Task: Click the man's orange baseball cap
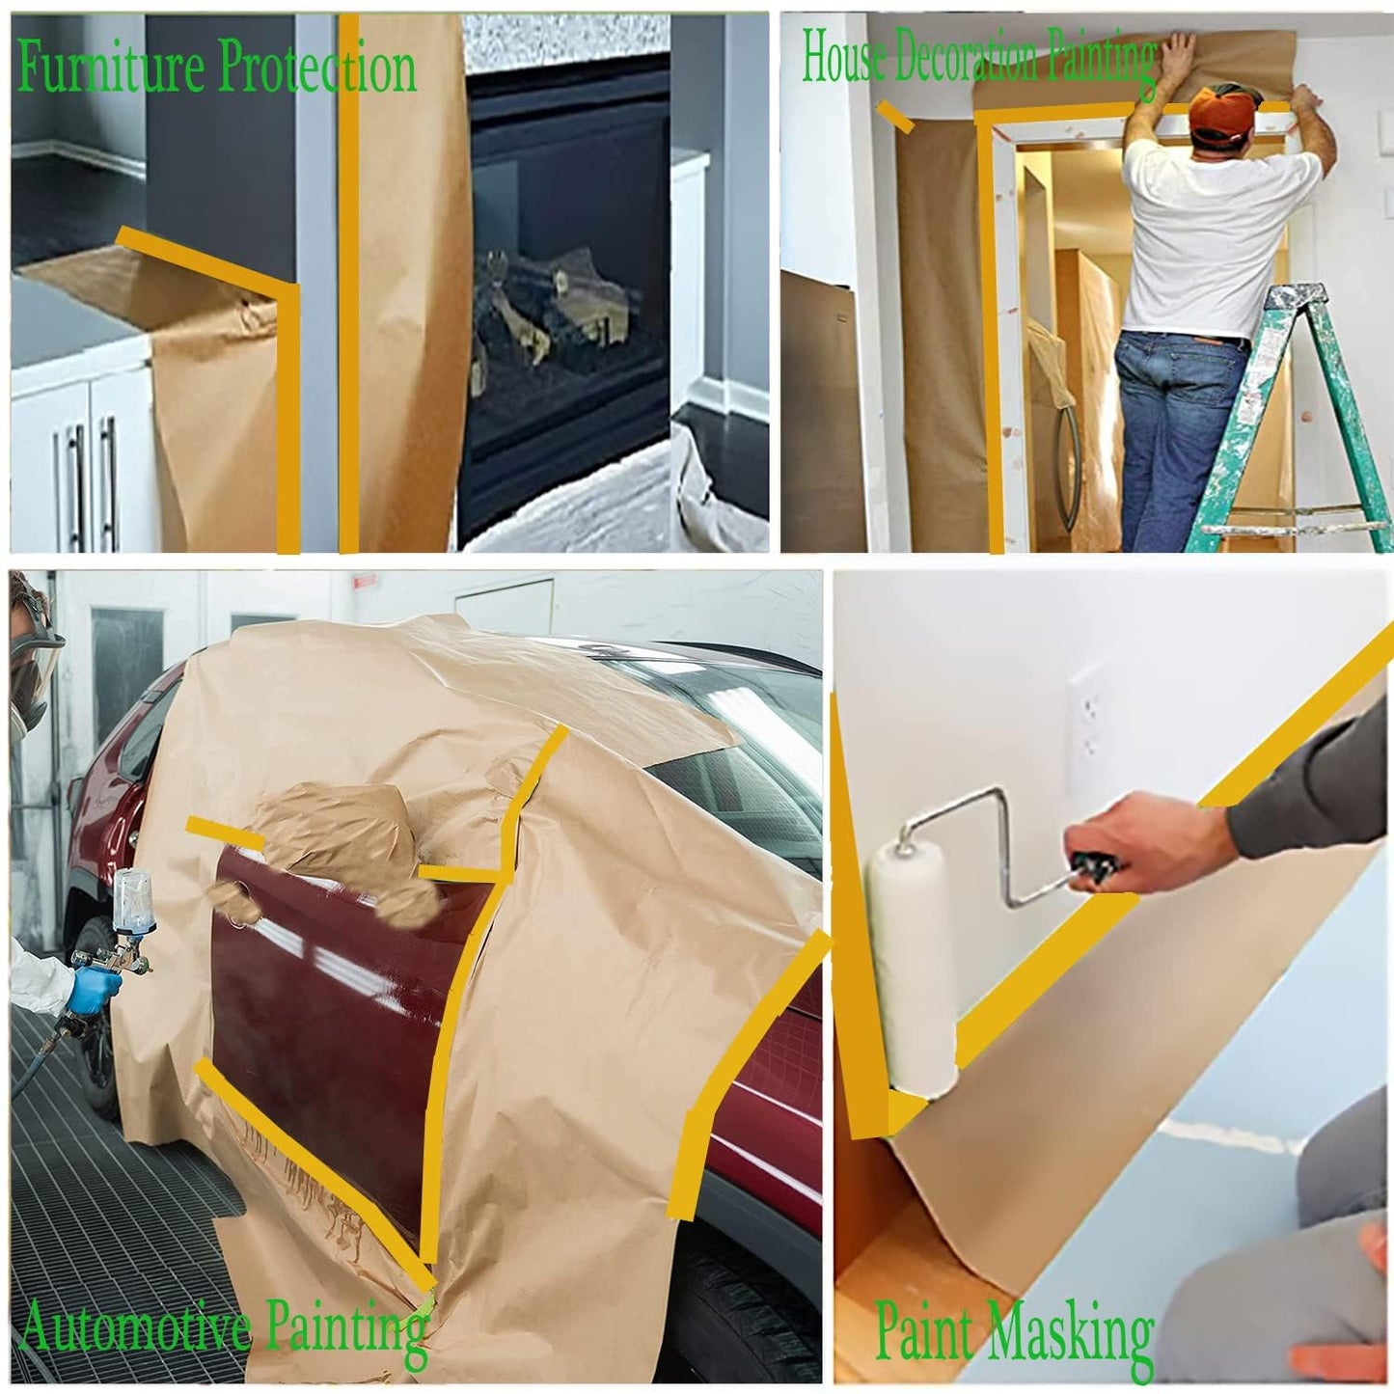point(1226,114)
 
